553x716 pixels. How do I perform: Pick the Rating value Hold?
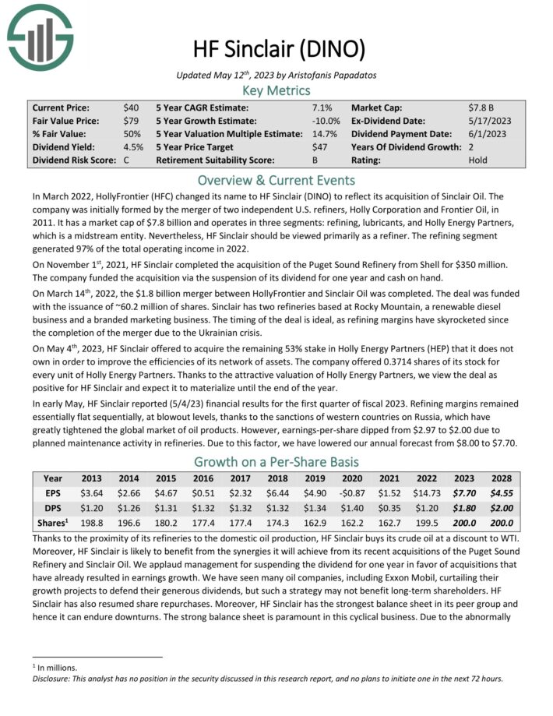pyautogui.click(x=478, y=160)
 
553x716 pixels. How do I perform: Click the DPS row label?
pyautogui.click(x=53, y=508)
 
